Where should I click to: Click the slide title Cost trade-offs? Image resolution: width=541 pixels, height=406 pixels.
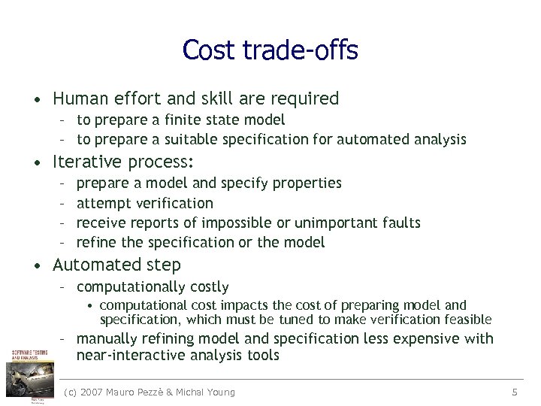[x=270, y=50]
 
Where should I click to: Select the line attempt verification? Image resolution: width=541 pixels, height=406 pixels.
[x=145, y=203]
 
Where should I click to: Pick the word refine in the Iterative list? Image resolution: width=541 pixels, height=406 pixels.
[x=97, y=242]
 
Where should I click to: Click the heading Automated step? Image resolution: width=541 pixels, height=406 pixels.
[x=116, y=265]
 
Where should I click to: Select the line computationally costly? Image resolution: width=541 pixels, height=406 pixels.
[x=153, y=286]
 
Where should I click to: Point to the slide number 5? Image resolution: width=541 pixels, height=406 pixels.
[x=515, y=392]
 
